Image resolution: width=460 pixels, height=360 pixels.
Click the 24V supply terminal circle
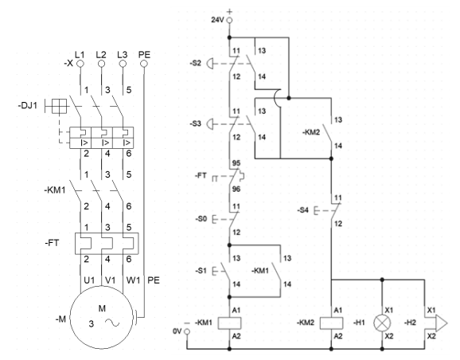click(x=229, y=20)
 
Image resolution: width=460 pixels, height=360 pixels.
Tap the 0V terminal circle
click(x=186, y=331)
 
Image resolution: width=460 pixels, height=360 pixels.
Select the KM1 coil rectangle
click(x=230, y=323)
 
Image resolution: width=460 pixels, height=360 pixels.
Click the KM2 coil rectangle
click(x=331, y=323)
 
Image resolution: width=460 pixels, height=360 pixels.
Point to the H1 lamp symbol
click(x=382, y=323)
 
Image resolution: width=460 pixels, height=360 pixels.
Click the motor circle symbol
click(x=102, y=317)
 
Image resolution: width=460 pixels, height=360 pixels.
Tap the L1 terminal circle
click(x=80, y=64)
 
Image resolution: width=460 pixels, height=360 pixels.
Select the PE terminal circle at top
click(x=144, y=64)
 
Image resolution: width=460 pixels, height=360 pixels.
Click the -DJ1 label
click(x=28, y=105)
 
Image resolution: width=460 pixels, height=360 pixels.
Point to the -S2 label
click(x=196, y=63)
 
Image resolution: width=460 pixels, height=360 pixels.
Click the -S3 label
click(x=196, y=123)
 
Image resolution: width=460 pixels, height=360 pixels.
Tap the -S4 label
click(x=302, y=210)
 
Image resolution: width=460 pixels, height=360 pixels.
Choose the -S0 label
click(x=201, y=219)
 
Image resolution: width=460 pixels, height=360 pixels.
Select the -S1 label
click(x=201, y=271)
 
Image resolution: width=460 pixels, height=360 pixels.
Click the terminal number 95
click(x=236, y=163)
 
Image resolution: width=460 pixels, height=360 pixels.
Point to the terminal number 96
click(x=236, y=189)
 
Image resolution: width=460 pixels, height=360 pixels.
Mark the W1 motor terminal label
click(x=133, y=280)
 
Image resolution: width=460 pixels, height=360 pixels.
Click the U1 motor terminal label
click(x=89, y=280)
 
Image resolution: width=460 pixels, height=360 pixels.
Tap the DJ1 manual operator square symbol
click(x=59, y=106)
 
